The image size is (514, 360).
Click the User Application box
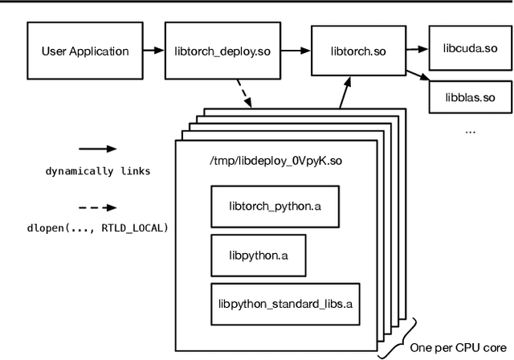[x=84, y=51]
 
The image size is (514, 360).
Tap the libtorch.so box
[x=357, y=51]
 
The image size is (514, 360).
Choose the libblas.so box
[x=470, y=99]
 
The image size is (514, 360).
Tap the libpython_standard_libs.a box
[x=285, y=304]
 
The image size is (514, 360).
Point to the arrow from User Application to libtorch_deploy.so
[x=153, y=51]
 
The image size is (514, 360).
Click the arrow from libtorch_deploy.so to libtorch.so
[x=288, y=51]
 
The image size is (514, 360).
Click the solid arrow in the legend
[x=96, y=149]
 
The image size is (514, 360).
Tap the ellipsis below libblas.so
[x=471, y=129]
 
